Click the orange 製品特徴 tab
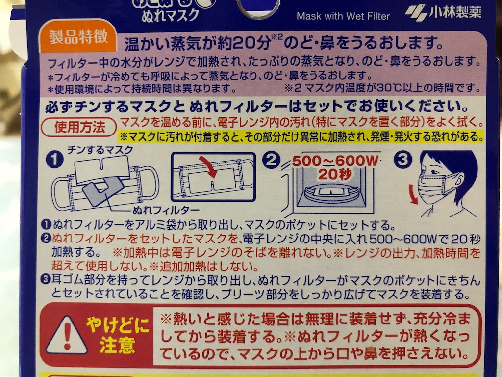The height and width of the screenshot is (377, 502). [x=78, y=37]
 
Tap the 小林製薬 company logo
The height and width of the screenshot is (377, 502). [x=443, y=13]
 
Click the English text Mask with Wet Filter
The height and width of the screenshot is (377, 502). [x=343, y=16]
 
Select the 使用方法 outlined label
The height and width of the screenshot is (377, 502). [x=79, y=127]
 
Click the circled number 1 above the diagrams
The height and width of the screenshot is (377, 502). [x=55, y=159]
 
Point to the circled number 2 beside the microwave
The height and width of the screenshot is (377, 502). [x=271, y=160]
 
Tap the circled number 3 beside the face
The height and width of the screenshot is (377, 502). [x=402, y=159]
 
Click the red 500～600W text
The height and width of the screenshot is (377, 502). [x=335, y=161]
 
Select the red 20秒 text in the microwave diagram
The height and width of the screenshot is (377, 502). [x=335, y=174]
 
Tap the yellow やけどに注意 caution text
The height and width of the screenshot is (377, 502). [x=117, y=335]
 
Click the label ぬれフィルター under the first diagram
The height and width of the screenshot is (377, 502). [x=166, y=210]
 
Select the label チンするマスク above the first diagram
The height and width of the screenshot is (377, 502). [x=100, y=150]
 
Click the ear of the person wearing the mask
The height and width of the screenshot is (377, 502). [x=460, y=182]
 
